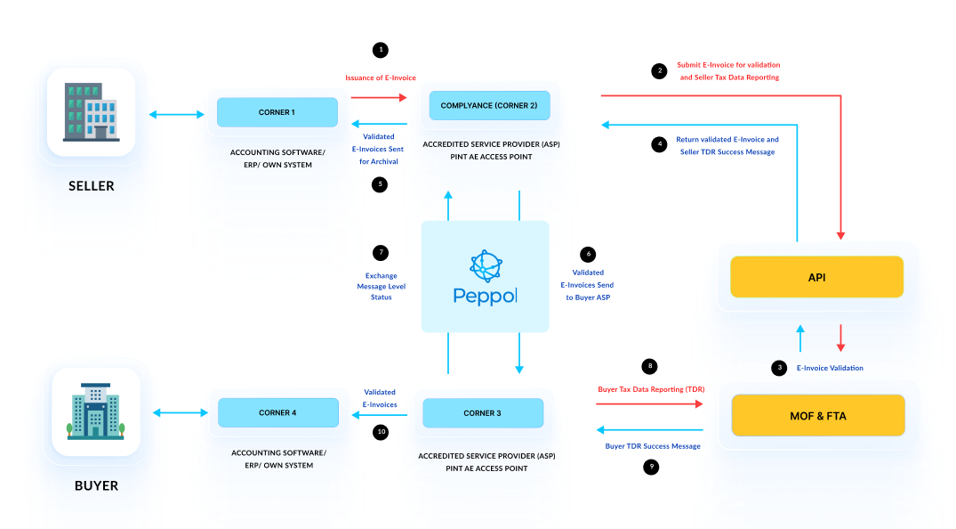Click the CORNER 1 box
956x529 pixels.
pyautogui.click(x=277, y=112)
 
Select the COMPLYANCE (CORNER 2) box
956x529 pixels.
pyautogui.click(x=489, y=105)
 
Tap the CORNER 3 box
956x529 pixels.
pyautogui.click(x=482, y=413)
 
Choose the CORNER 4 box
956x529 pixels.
pyautogui.click(x=278, y=412)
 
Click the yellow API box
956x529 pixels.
pyautogui.click(x=816, y=277)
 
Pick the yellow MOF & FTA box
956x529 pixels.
pyautogui.click(x=817, y=415)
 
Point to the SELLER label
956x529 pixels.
pyautogui.click(x=92, y=186)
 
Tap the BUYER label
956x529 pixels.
pyautogui.click(x=95, y=486)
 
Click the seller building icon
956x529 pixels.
pyautogui.click(x=91, y=112)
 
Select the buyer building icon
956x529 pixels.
pyautogui.click(x=95, y=411)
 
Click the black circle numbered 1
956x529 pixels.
pyautogui.click(x=381, y=50)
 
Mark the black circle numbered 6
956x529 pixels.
pyautogui.click(x=586, y=254)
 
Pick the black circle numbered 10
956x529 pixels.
pyautogui.click(x=381, y=432)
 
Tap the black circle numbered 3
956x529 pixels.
pyautogui.click(x=780, y=367)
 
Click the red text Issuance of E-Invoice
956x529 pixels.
pyautogui.click(x=381, y=77)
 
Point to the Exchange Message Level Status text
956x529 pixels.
pyautogui.click(x=381, y=286)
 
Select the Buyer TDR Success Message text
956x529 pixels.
pyautogui.click(x=653, y=445)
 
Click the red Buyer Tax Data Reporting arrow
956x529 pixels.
pyautogui.click(x=649, y=403)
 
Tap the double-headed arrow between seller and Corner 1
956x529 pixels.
pyautogui.click(x=176, y=113)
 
